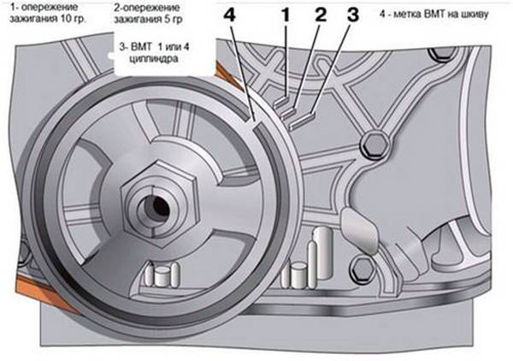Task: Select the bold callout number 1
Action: point(287,15)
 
